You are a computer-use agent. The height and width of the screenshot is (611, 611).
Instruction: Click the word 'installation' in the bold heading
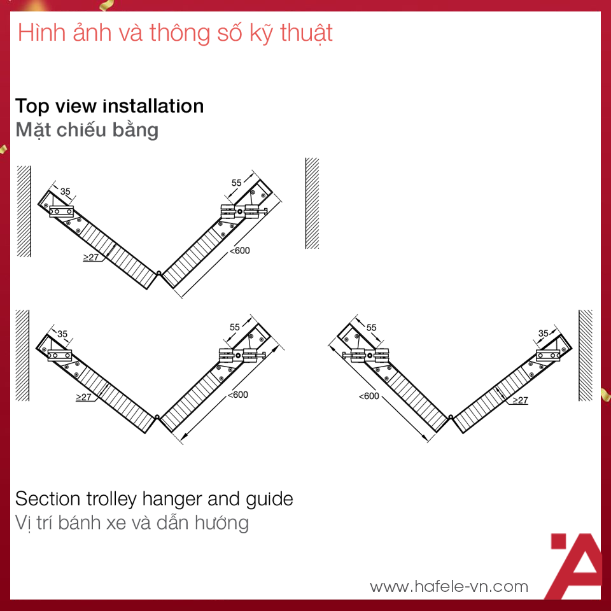click(153, 106)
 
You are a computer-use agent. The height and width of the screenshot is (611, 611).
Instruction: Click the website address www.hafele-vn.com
click(449, 586)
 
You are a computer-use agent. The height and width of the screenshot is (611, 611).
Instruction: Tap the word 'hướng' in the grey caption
click(221, 523)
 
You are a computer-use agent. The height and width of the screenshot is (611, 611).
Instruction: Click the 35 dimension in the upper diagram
click(65, 192)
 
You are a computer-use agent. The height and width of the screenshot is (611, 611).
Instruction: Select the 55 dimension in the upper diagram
click(237, 183)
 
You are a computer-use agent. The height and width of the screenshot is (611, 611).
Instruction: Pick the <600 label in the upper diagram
click(240, 251)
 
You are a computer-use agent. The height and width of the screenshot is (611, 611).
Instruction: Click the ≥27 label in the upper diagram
click(91, 257)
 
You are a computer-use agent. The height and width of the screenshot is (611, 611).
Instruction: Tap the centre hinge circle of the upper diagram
click(159, 273)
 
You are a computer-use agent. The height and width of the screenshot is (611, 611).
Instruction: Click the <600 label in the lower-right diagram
click(369, 397)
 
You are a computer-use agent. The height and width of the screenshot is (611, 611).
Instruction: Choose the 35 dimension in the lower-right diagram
click(543, 333)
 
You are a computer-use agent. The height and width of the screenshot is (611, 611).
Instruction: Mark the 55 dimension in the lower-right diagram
click(371, 328)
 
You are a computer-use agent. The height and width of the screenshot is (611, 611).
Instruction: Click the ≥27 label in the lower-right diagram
click(520, 400)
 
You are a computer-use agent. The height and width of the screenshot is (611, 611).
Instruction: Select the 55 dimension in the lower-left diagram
click(235, 327)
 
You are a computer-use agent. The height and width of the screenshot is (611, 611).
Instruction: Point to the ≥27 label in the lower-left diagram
click(83, 397)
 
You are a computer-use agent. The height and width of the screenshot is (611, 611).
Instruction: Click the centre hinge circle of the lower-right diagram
click(451, 417)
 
